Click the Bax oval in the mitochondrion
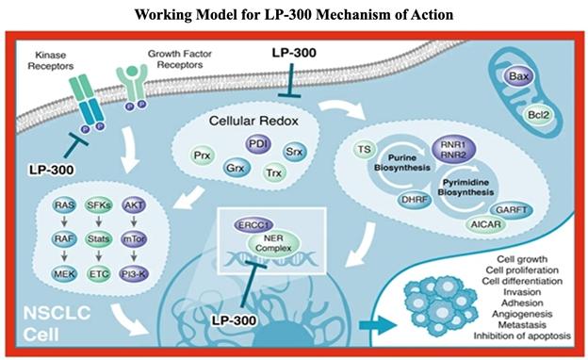[518, 76]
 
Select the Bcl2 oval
[538, 115]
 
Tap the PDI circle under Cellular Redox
[258, 145]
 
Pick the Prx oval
[203, 155]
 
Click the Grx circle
[236, 168]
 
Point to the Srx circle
[294, 152]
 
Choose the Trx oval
[273, 172]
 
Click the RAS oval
[64, 205]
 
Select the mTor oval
[134, 238]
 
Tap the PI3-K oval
[134, 274]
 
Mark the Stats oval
[98, 238]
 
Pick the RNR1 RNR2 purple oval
[453, 150]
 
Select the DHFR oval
[415, 200]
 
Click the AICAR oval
[485, 224]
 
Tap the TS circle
[364, 150]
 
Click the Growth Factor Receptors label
[180, 59]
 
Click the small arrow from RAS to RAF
[64, 221]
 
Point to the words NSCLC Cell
[57, 323]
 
